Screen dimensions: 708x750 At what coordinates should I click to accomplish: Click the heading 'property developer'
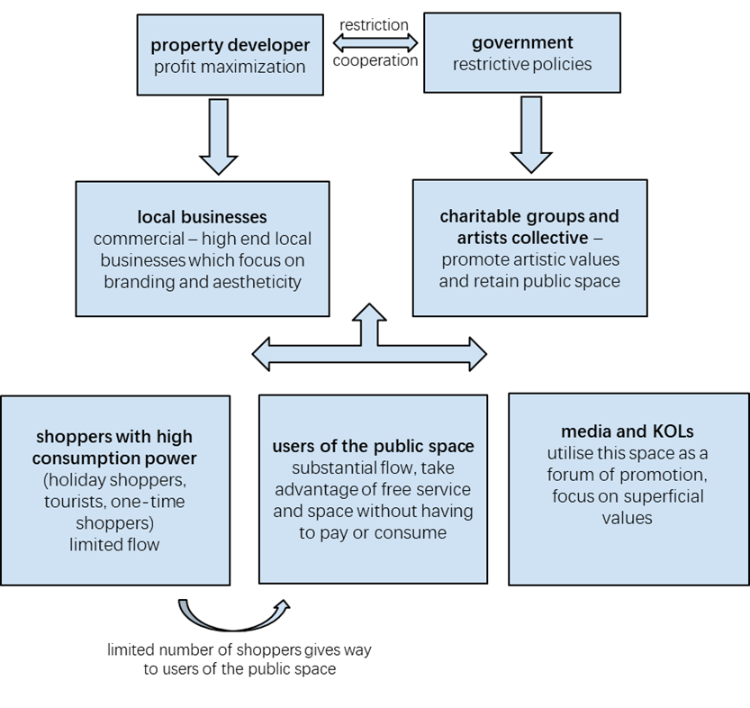pyautogui.click(x=230, y=45)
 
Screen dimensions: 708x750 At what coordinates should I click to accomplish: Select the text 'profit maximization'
pyautogui.click(x=230, y=67)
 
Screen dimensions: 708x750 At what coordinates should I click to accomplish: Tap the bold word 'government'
pyautogui.click(x=522, y=42)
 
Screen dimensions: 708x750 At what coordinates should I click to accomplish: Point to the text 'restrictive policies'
pyautogui.click(x=522, y=64)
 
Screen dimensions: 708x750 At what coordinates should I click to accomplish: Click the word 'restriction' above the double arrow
pyautogui.click(x=375, y=24)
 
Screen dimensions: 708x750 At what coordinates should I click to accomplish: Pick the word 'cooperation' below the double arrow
pyautogui.click(x=375, y=61)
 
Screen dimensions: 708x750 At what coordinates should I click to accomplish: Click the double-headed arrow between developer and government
pyautogui.click(x=375, y=42)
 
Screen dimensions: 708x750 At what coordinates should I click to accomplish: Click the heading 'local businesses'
pyautogui.click(x=202, y=217)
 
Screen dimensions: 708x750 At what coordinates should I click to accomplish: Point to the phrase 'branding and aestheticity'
pyautogui.click(x=202, y=281)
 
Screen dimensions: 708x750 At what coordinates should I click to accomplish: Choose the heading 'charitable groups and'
pyautogui.click(x=529, y=216)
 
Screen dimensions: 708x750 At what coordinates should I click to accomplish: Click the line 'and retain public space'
pyautogui.click(x=529, y=280)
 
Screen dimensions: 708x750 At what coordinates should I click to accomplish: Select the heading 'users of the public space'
pyautogui.click(x=373, y=447)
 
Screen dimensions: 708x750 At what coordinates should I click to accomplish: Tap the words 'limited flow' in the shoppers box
pyautogui.click(x=114, y=544)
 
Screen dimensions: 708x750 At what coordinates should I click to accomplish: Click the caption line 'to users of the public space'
pyautogui.click(x=239, y=669)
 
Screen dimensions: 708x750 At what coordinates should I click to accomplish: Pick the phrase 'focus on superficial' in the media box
pyautogui.click(x=628, y=496)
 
